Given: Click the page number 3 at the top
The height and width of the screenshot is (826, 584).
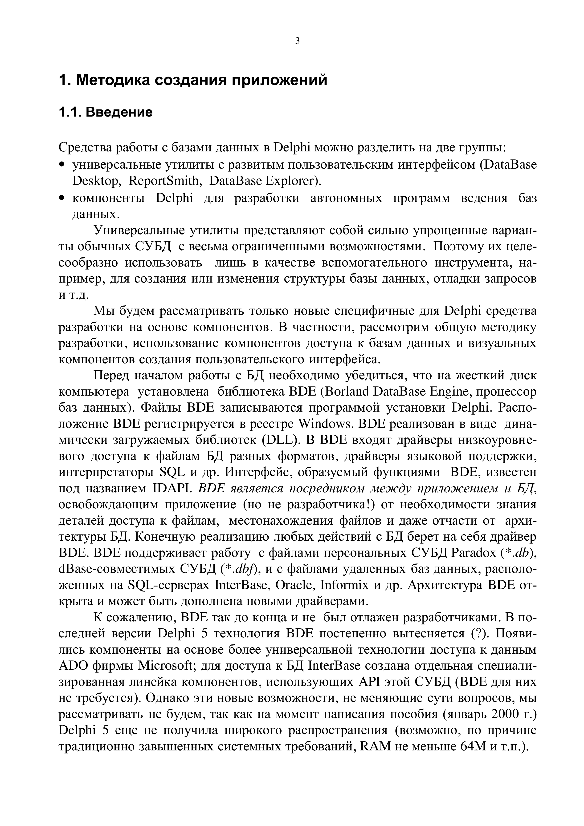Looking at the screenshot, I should [x=297, y=41].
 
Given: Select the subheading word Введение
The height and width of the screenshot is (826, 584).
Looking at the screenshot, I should [x=119, y=112].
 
